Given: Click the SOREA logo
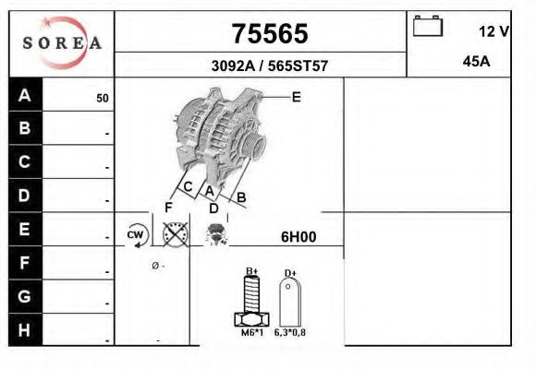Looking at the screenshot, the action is [62, 42].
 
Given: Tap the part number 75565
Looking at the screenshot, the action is [270, 34].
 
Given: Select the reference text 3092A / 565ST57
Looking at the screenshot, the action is [270, 65].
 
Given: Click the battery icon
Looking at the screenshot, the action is [428, 26].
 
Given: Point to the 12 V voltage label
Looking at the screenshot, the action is [494, 31].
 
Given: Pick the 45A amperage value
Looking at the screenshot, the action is [476, 62].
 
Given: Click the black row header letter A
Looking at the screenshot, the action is [25, 95].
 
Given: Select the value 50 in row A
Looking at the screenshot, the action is [103, 99].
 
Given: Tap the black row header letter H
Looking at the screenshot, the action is [24, 330].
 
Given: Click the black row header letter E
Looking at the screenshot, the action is [24, 229].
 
